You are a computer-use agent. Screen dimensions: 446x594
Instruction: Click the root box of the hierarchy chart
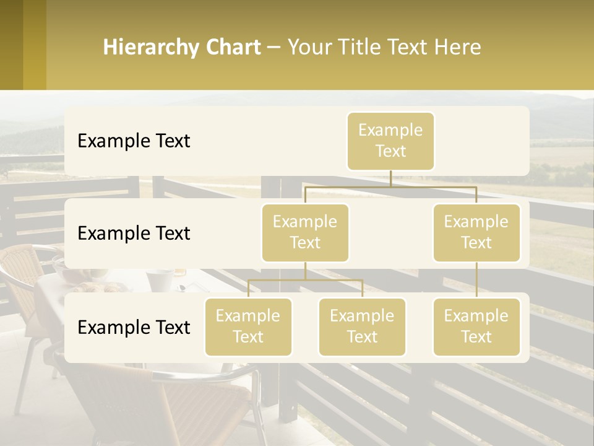pyautogui.click(x=390, y=141)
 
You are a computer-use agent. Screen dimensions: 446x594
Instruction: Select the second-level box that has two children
pyautogui.click(x=305, y=232)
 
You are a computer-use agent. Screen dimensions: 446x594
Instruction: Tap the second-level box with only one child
pyautogui.click(x=476, y=232)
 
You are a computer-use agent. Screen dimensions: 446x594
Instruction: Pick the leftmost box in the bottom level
pyautogui.click(x=248, y=326)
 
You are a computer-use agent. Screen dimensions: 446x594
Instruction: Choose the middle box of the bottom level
pyautogui.click(x=362, y=326)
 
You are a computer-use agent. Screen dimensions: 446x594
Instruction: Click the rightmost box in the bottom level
pyautogui.click(x=476, y=326)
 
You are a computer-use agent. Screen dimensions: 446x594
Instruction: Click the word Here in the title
pyautogui.click(x=457, y=47)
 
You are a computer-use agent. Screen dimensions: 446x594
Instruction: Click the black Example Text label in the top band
pyautogui.click(x=134, y=141)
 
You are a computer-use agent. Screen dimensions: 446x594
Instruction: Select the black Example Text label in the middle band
pyautogui.click(x=134, y=234)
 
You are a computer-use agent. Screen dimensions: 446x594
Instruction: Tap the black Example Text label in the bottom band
pyautogui.click(x=134, y=327)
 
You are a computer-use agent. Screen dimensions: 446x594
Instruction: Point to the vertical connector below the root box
pyautogui.click(x=390, y=178)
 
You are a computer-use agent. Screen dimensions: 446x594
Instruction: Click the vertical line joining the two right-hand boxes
pyautogui.click(x=476, y=280)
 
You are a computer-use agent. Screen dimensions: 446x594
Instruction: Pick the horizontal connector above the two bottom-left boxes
pyautogui.click(x=305, y=281)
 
